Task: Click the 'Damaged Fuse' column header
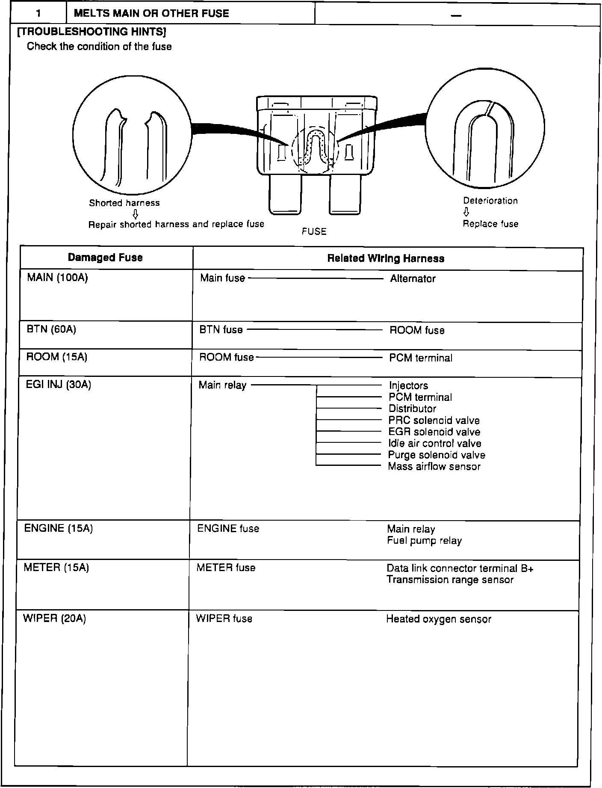[105, 258]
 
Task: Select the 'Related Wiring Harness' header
[386, 258]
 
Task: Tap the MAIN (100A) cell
[57, 278]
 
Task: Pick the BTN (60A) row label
[51, 329]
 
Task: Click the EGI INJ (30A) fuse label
[59, 385]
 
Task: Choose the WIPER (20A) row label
[54, 619]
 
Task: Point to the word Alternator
[413, 279]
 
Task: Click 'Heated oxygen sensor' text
[439, 619]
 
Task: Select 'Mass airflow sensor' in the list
[434, 467]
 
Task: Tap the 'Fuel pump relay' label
[424, 541]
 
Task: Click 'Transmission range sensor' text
[450, 580]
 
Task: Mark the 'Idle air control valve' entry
[434, 444]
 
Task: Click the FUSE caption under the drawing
[314, 231]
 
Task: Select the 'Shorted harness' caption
[124, 203]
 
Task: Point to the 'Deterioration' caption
[490, 201]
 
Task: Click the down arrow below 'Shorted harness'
[135, 214]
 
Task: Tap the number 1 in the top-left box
[38, 13]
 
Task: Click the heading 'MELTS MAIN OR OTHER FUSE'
[151, 13]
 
